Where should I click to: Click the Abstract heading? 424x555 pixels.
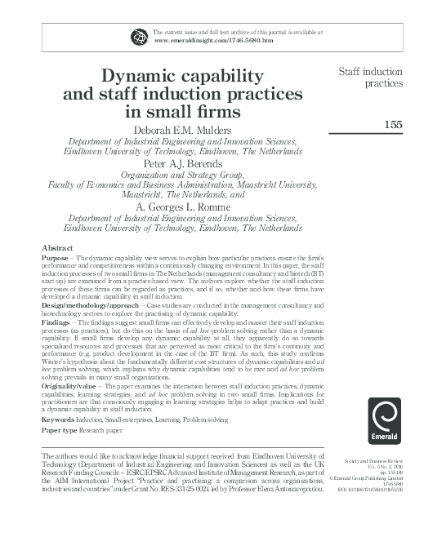pos(57,246)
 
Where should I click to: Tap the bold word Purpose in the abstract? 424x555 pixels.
pos(56,258)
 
